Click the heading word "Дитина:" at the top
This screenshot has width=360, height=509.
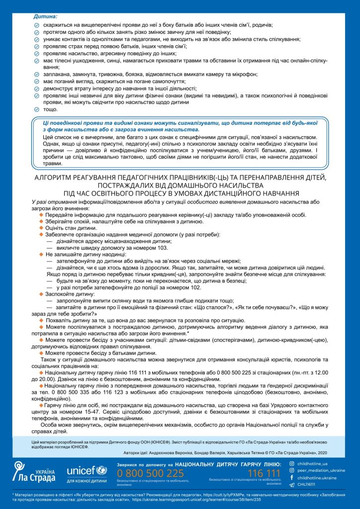coord(44,16)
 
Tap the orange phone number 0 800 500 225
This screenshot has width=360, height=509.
coord(151,473)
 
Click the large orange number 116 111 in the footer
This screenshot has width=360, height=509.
coord(264,473)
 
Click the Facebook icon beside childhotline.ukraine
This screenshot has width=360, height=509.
coord(291,478)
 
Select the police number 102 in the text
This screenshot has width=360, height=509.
coord(195,287)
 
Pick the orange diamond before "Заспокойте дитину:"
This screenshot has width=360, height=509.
coord(42,294)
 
